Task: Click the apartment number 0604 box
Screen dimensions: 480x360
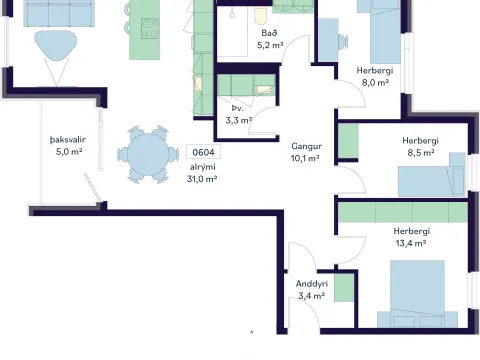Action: pyautogui.click(x=203, y=152)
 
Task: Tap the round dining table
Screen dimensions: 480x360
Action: pyautogui.click(x=148, y=154)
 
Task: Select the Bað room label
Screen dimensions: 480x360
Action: pyautogui.click(x=269, y=33)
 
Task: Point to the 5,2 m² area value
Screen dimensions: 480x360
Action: pyautogui.click(x=270, y=45)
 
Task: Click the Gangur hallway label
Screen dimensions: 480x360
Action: pyautogui.click(x=307, y=146)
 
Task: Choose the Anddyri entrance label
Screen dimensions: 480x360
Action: pyautogui.click(x=312, y=284)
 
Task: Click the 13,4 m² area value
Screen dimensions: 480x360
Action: pyautogui.click(x=411, y=243)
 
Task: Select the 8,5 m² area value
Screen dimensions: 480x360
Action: pyautogui.click(x=421, y=153)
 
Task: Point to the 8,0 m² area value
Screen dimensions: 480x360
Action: pyautogui.click(x=375, y=82)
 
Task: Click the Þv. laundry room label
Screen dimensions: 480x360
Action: pyautogui.click(x=238, y=108)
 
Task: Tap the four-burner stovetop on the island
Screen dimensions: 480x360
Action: pyautogui.click(x=150, y=29)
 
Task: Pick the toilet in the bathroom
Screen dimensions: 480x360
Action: pyautogui.click(x=261, y=14)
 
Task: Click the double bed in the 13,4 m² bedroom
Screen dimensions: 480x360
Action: pyautogui.click(x=417, y=293)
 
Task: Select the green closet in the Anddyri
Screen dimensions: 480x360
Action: pyautogui.click(x=344, y=288)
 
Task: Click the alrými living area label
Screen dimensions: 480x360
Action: pyautogui.click(x=203, y=167)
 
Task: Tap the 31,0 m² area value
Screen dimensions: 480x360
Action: pyautogui.click(x=202, y=179)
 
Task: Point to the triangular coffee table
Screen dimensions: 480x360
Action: pyautogui.click(x=56, y=45)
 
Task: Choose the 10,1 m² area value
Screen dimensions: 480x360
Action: pyautogui.click(x=305, y=158)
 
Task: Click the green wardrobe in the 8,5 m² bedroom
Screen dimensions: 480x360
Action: pyautogui.click(x=349, y=141)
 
